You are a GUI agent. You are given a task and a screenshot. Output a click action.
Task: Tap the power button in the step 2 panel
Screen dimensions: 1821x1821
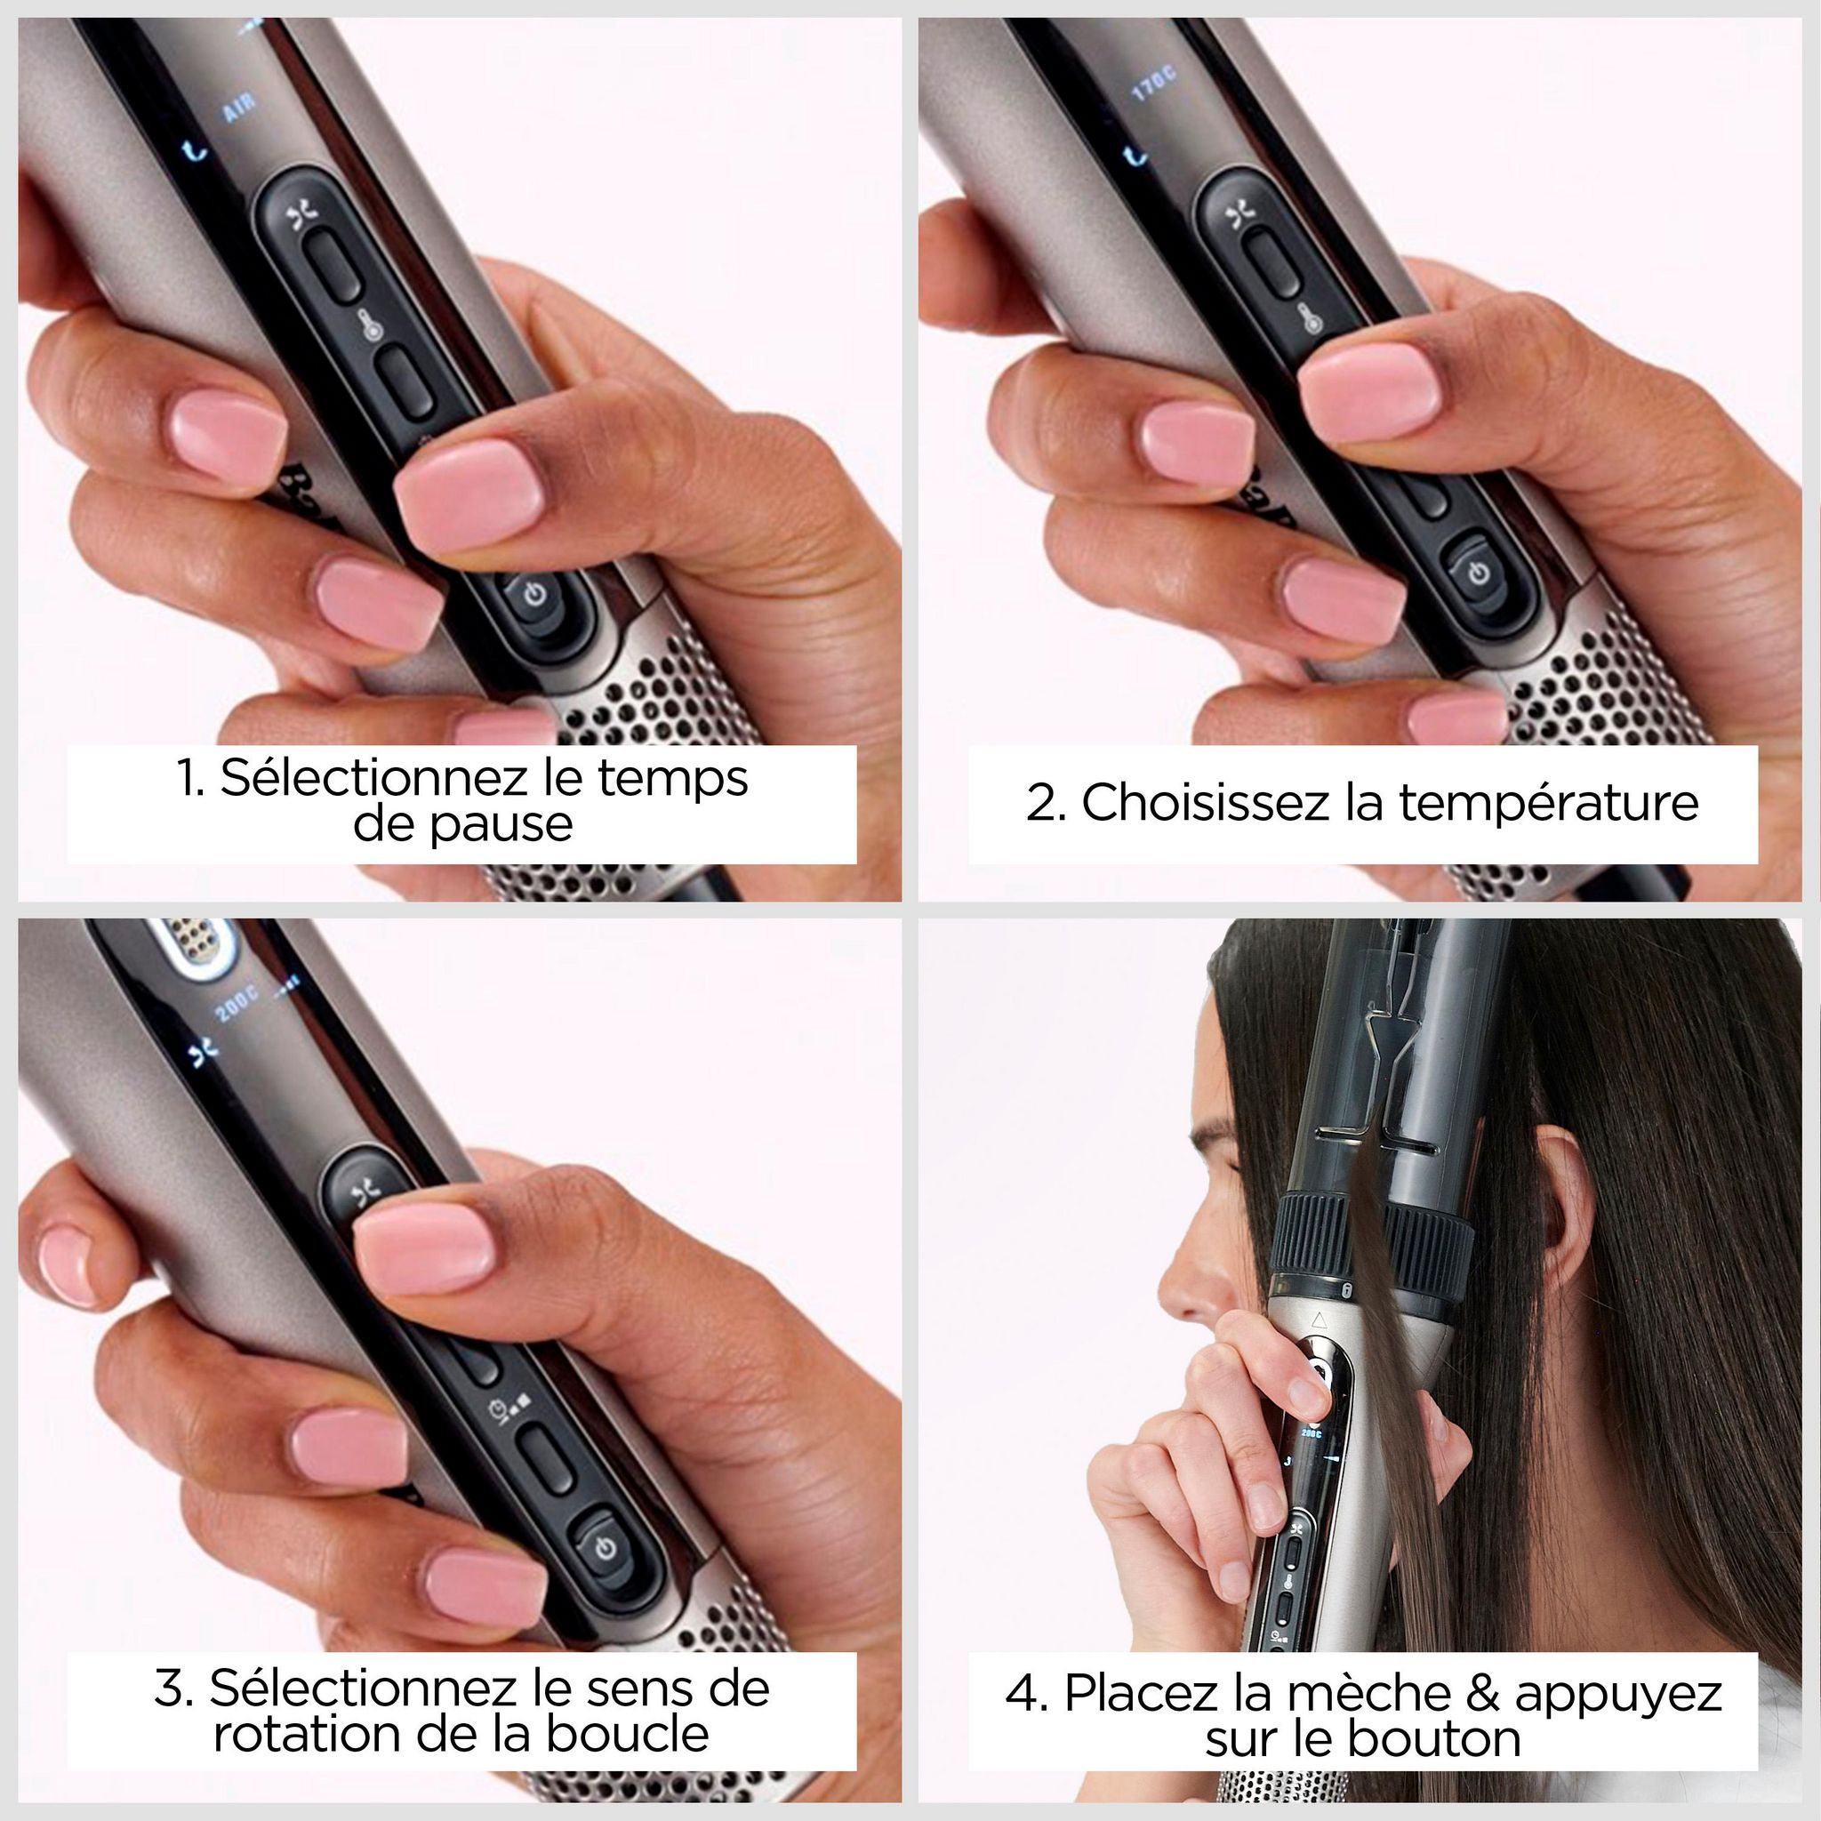click(1479, 572)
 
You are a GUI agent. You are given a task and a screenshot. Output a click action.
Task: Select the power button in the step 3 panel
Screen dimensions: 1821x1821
click(607, 1549)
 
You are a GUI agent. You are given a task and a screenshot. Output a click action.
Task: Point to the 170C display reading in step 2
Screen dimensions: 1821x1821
click(1153, 85)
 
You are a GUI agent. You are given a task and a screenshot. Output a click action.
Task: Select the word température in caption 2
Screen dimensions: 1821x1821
click(1548, 803)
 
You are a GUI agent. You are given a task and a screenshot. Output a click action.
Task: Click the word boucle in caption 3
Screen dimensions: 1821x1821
click(628, 1733)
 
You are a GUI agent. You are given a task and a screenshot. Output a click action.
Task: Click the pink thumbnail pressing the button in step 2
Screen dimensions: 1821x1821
click(1371, 389)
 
